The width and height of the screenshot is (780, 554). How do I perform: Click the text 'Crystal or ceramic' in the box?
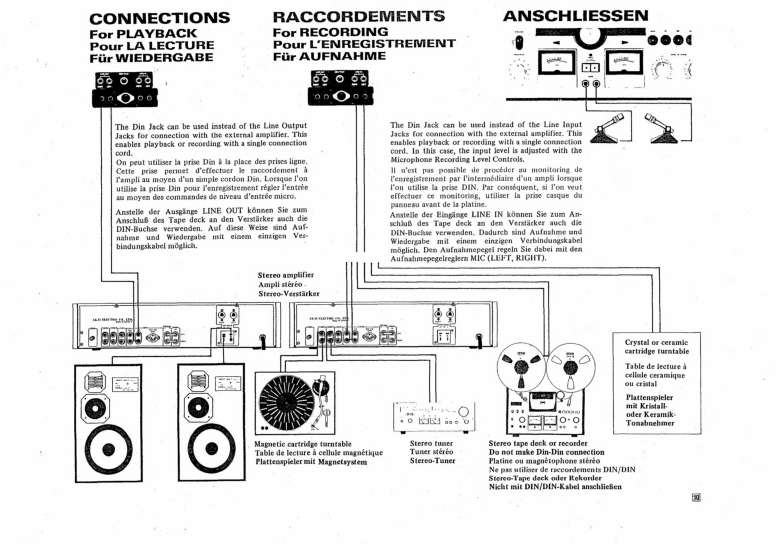point(656,343)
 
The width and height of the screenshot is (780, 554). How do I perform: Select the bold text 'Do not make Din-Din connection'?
point(546,452)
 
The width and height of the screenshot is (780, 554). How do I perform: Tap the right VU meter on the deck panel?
point(624,63)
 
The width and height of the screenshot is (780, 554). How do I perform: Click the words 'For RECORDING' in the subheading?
point(330,32)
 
